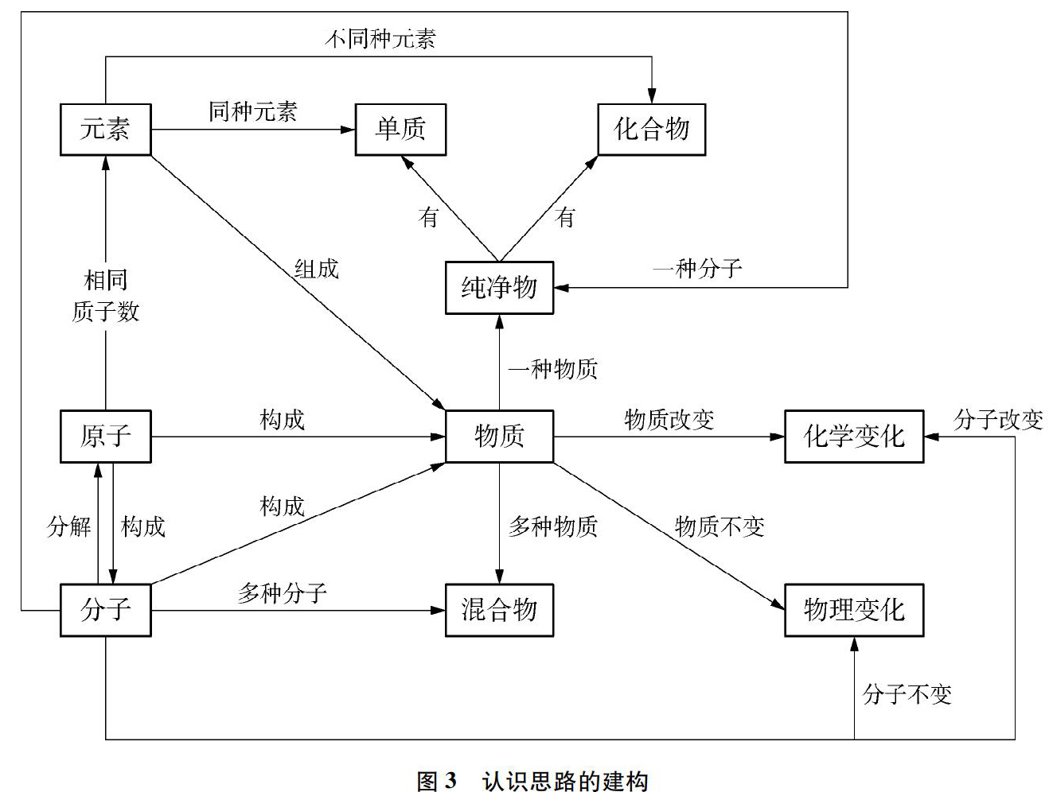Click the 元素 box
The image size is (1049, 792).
pos(106,130)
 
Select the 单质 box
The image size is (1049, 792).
pos(400,130)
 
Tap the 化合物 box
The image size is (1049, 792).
pos(651,130)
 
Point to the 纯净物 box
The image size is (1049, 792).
pos(499,287)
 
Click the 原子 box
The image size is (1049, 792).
pos(106,437)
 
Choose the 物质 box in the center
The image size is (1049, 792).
pos(499,437)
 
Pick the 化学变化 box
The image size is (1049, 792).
pos(854,437)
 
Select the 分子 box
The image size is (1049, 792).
pos(106,610)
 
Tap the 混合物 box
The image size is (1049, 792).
pos(499,610)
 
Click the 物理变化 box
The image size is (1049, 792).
pos(854,610)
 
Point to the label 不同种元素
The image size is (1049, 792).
pos(380,38)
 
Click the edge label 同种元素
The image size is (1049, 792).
pos(253,111)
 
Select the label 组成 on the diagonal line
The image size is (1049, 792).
pos(317,269)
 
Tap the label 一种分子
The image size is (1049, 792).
pos(697,268)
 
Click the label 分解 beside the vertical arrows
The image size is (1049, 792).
pos(68,526)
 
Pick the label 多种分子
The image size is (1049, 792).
pos(283,593)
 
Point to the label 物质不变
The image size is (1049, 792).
pos(719,526)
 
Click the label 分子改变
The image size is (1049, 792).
pos(998,420)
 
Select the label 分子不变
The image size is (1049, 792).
pos(907,694)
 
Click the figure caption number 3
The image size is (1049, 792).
pos(450,780)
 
